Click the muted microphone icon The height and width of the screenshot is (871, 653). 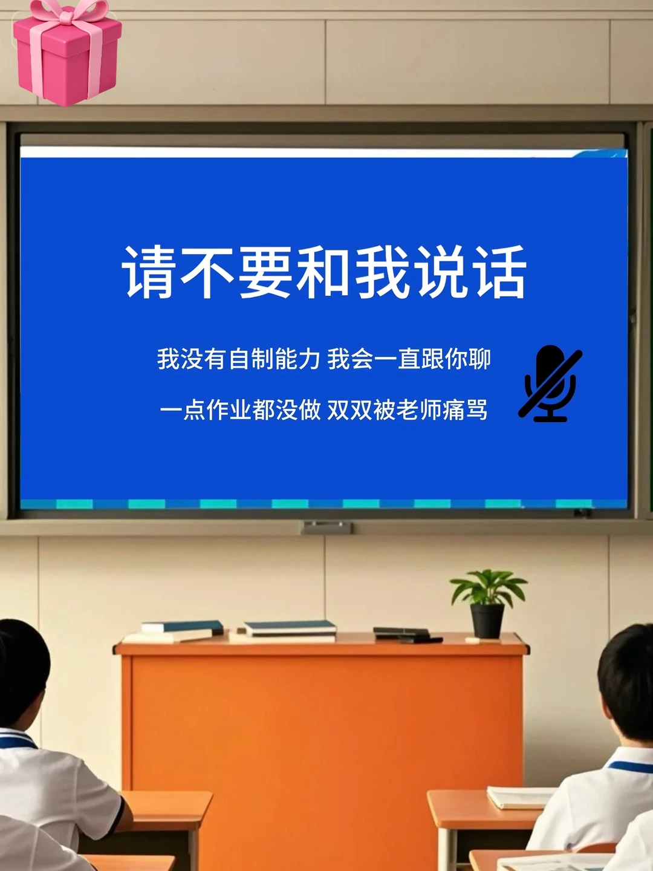[x=550, y=383]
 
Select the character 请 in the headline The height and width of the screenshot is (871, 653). [x=148, y=272]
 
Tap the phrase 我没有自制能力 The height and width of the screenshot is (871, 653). [x=238, y=359]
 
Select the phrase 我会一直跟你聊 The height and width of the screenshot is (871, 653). [x=409, y=359]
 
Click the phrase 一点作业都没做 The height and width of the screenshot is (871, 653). [x=240, y=410]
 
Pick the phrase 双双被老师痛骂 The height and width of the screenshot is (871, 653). [x=407, y=410]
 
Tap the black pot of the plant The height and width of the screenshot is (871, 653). [x=487, y=621]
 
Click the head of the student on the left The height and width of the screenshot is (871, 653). [x=21, y=671]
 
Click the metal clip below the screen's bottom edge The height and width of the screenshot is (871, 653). [x=326, y=528]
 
